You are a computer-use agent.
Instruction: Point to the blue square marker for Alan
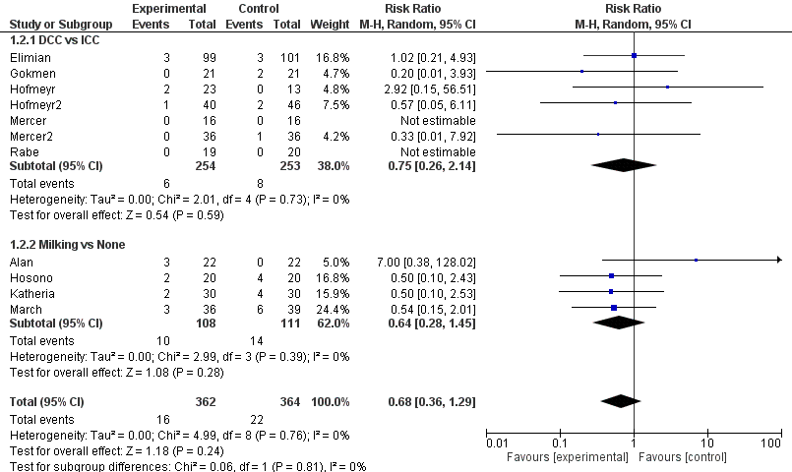click(696, 261)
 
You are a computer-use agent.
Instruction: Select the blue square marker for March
click(614, 308)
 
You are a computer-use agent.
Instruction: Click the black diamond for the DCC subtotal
click(625, 165)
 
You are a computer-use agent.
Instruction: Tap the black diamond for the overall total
click(621, 400)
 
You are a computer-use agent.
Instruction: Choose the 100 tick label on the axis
click(770, 444)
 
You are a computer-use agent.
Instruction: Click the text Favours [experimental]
click(567, 458)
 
